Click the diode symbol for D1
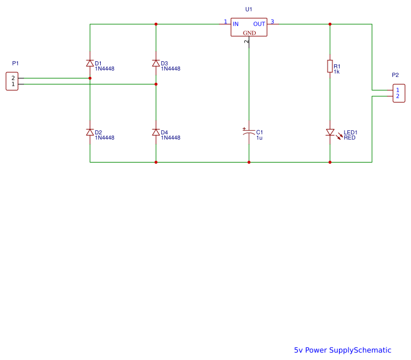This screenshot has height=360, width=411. pyautogui.click(x=90, y=63)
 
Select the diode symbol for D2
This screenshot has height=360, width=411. pyautogui.click(x=90, y=132)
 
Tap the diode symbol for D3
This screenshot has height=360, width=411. pyautogui.click(x=156, y=63)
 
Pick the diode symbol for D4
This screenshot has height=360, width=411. pyautogui.click(x=156, y=132)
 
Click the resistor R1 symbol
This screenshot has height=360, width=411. pyautogui.click(x=330, y=66)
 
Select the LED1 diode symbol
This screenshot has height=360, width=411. pyautogui.click(x=330, y=132)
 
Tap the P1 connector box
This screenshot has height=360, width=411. pyautogui.click(x=12, y=81)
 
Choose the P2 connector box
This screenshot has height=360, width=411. pyautogui.click(x=397, y=93)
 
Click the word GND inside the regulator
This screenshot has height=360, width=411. pyautogui.click(x=249, y=33)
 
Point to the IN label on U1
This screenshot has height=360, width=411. pyautogui.click(x=236, y=24)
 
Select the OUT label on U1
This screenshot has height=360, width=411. pyautogui.click(x=260, y=24)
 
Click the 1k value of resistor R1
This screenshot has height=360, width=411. pyautogui.click(x=337, y=71)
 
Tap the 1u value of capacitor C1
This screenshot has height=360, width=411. pyautogui.click(x=259, y=137)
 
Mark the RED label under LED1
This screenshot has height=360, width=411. pyautogui.click(x=349, y=137)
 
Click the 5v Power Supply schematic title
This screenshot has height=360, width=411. pyautogui.click(x=342, y=350)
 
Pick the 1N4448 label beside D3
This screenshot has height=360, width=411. pyautogui.click(x=170, y=68)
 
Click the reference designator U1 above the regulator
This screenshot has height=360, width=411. pyautogui.click(x=249, y=10)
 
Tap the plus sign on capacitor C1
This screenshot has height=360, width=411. pyautogui.click(x=244, y=128)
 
